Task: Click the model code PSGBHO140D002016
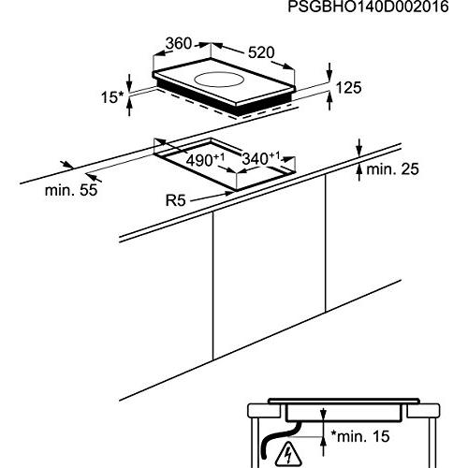pyautogui.click(x=368, y=7)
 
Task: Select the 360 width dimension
pyautogui.click(x=179, y=43)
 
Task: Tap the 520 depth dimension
pyautogui.click(x=261, y=52)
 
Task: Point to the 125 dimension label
pyautogui.click(x=348, y=88)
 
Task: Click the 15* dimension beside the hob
pyautogui.click(x=112, y=97)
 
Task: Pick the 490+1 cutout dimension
pyautogui.click(x=205, y=160)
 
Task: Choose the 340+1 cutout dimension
pyautogui.click(x=261, y=158)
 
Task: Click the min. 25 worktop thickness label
pyautogui.click(x=392, y=169)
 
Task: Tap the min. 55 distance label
pyautogui.click(x=71, y=190)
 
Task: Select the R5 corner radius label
pyautogui.click(x=175, y=200)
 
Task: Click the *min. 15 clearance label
pyautogui.click(x=360, y=436)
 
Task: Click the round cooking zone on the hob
pyautogui.click(x=220, y=80)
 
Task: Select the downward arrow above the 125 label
pyautogui.click(x=329, y=71)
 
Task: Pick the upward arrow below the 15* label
pyautogui.click(x=129, y=107)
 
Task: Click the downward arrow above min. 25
pyautogui.click(x=359, y=147)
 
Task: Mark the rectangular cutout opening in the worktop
pyautogui.click(x=225, y=163)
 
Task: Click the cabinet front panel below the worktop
pyautogui.click(x=269, y=268)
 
